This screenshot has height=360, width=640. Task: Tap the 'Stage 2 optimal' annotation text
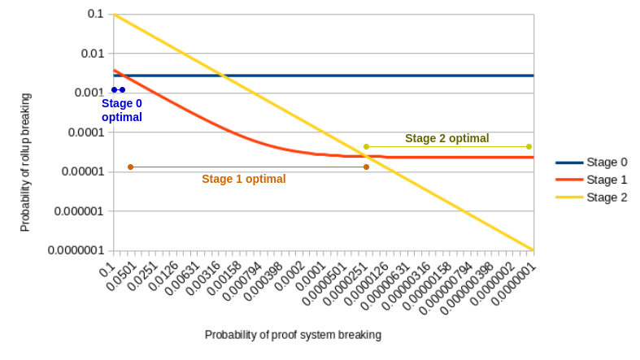(446, 138)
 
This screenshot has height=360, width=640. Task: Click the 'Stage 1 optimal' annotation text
(243, 179)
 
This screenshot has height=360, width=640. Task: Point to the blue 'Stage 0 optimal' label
(122, 111)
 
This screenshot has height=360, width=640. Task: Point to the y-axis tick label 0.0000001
(73, 250)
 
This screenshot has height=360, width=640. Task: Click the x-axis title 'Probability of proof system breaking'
(293, 334)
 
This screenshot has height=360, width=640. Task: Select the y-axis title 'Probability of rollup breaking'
(25, 163)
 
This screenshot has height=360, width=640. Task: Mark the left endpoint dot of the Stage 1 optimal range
(130, 167)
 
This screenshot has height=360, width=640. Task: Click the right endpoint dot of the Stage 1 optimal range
(366, 167)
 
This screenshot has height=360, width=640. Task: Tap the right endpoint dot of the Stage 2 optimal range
(529, 146)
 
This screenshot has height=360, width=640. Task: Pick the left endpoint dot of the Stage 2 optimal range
(366, 146)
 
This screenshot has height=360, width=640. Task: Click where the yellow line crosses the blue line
(222, 76)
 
